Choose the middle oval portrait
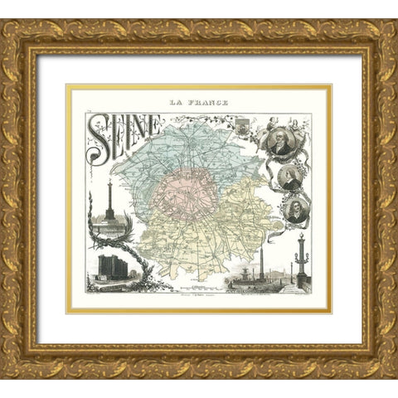click(x=290, y=176)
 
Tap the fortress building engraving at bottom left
click(x=108, y=267)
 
